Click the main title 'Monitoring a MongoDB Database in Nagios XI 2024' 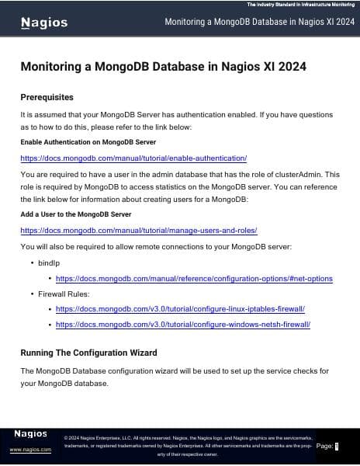point(163,67)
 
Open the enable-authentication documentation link point(133,158)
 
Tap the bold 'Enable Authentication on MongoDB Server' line point(88,142)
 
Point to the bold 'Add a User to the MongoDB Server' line point(75,214)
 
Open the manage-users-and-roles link point(138,230)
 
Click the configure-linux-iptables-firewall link point(180,309)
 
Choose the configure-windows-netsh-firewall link point(183,325)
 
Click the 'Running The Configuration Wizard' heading point(88,353)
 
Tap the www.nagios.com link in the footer point(30,450)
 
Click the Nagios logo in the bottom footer point(30,433)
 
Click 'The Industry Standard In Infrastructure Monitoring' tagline point(300,5)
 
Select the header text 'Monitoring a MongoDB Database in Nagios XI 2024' point(259,22)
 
